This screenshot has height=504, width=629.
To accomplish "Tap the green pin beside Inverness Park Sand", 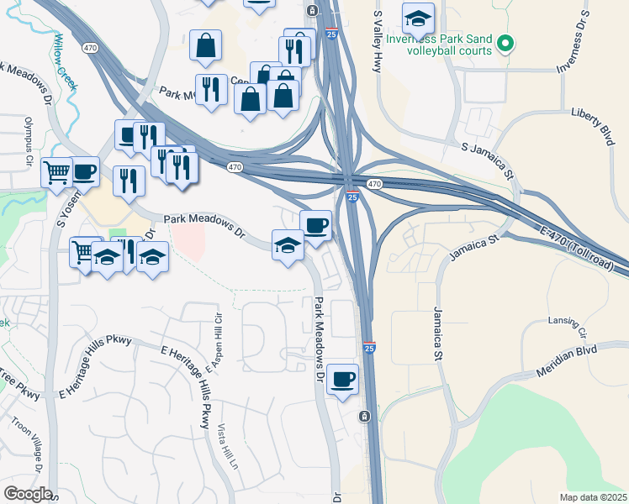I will (x=505, y=42).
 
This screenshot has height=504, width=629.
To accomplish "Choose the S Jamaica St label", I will (x=487, y=160).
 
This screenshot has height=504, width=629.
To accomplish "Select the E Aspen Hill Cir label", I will (x=217, y=330).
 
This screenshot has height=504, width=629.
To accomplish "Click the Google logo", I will (x=28, y=494).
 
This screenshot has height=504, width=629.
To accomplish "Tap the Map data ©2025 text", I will (x=593, y=497).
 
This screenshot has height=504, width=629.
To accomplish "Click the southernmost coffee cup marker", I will (x=342, y=379).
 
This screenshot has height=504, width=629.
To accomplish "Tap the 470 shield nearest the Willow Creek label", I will (x=87, y=48).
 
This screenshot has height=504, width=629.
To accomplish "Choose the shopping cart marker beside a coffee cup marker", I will (x=56, y=172).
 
